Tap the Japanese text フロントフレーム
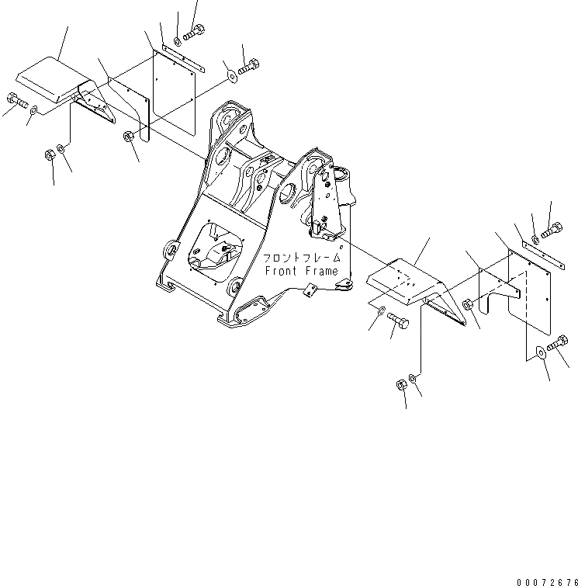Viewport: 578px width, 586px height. coord(301,258)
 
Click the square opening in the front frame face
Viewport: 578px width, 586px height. coord(212,248)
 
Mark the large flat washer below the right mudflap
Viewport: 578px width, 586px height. coord(539,355)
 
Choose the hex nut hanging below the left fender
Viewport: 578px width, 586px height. coord(48,154)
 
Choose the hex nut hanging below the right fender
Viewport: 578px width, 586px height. coord(401,384)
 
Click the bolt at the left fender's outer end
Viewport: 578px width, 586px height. coord(16,101)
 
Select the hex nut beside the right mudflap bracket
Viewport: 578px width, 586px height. coord(466,305)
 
